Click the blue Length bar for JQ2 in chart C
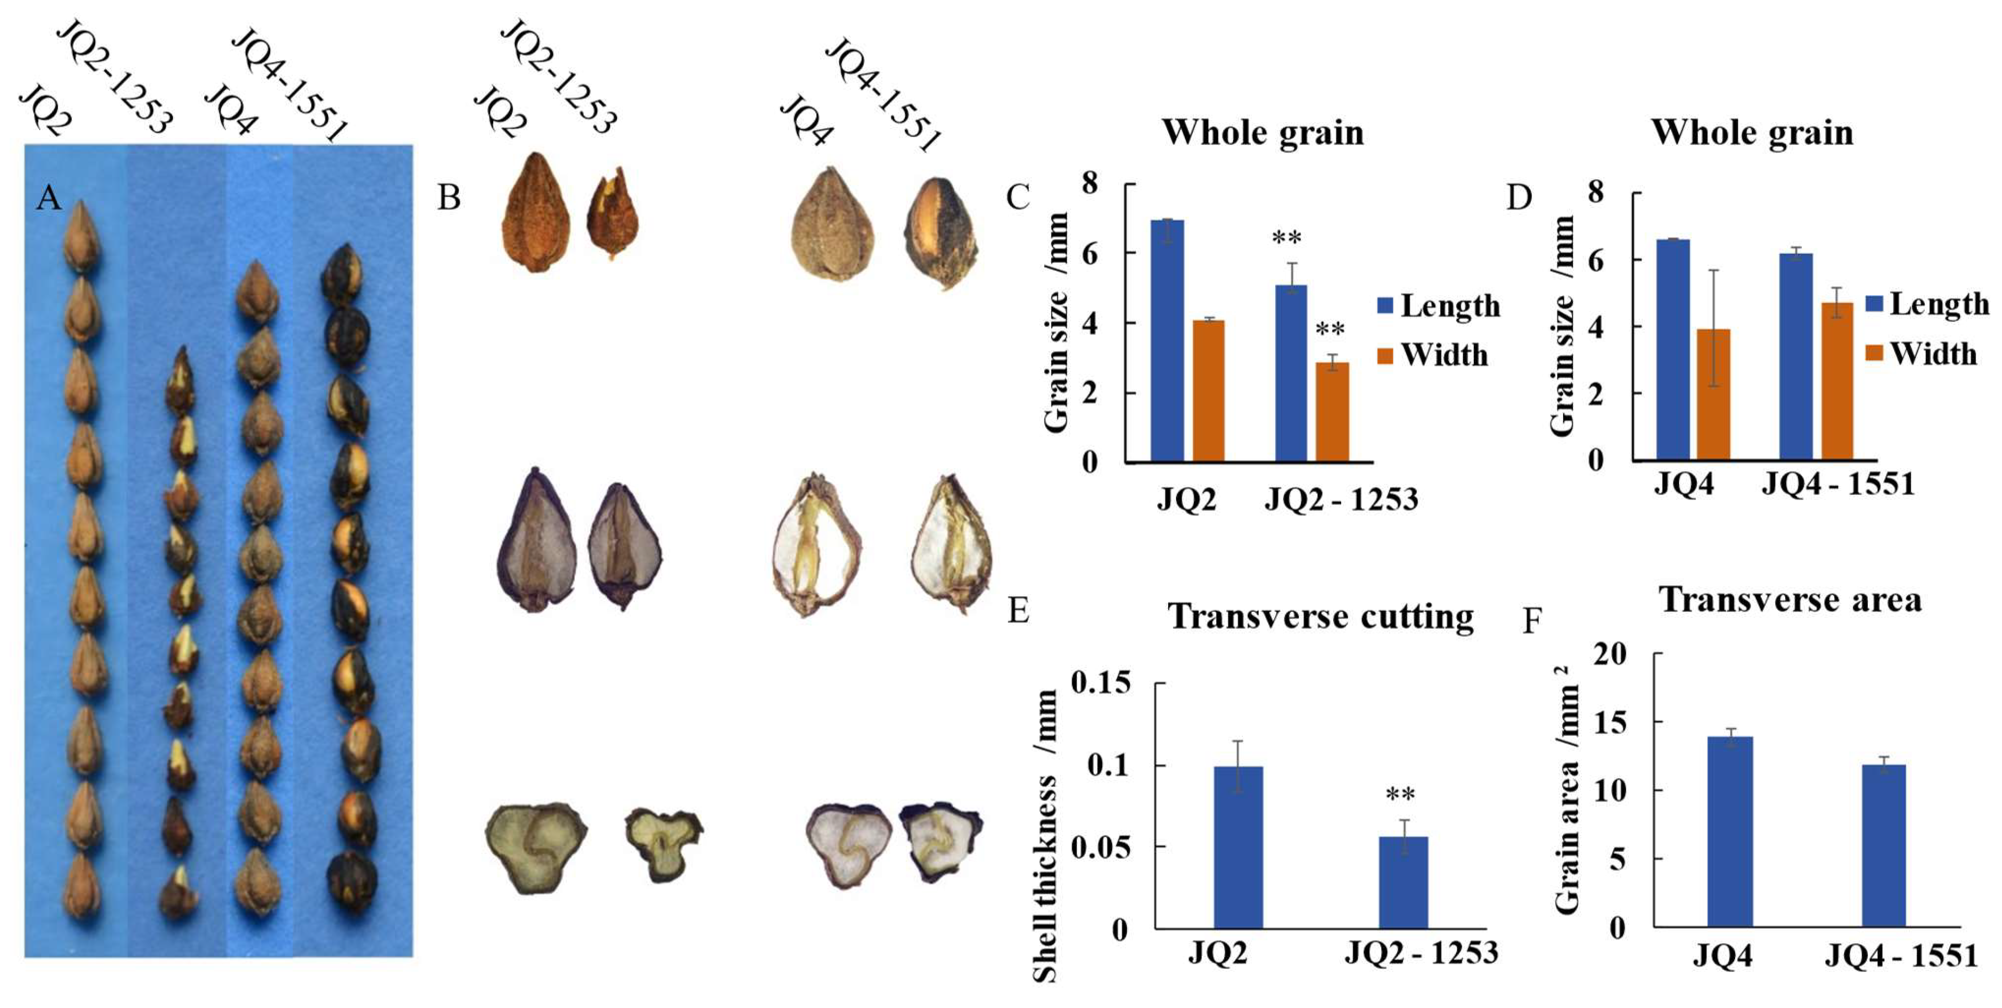[x=1167, y=342]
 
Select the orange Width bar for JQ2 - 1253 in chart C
[x=1332, y=412]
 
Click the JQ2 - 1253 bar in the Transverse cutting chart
[x=1403, y=882]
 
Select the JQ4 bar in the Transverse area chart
[x=1730, y=831]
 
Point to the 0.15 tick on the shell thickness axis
[x=1100, y=683]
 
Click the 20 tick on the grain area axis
[x=1610, y=654]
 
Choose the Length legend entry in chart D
[x=1927, y=304]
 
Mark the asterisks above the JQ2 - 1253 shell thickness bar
[x=1401, y=794]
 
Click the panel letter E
[x=1018, y=611]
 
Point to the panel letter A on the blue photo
[x=48, y=198]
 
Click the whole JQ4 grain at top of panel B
[x=832, y=225]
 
